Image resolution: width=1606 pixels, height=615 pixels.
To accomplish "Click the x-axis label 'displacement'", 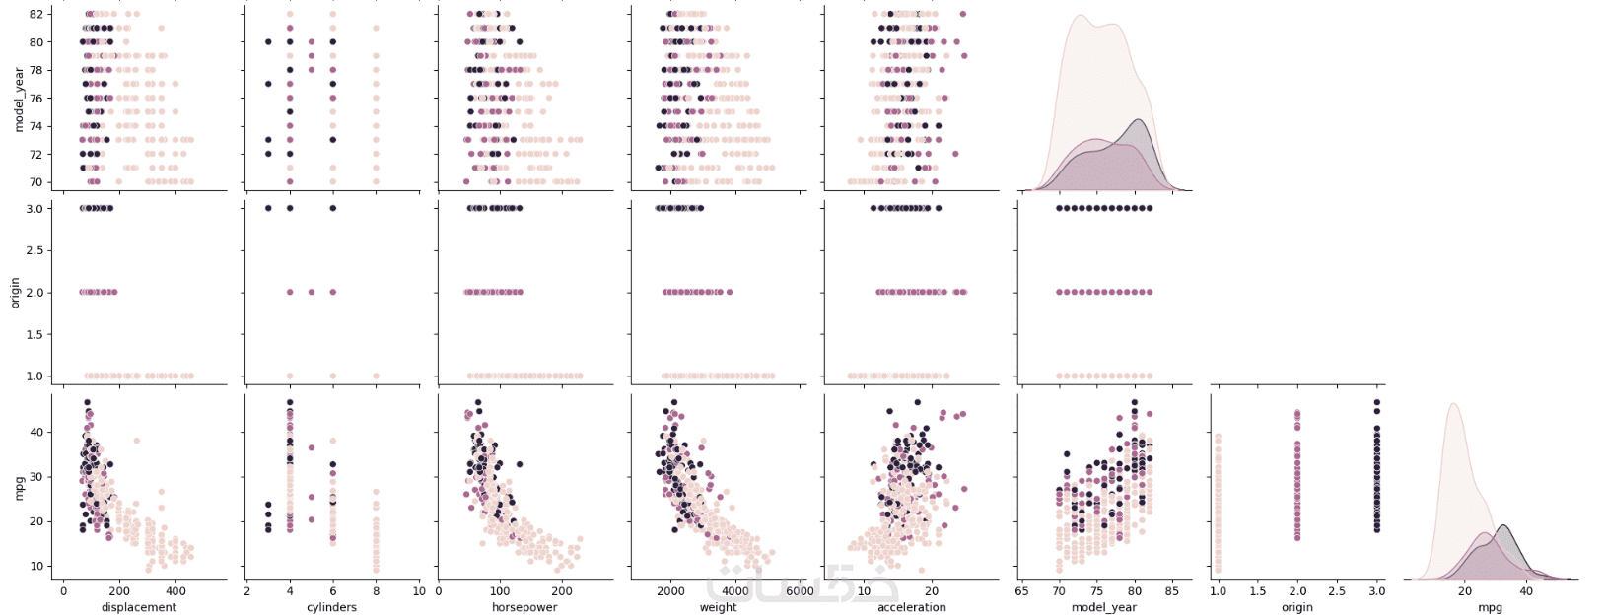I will pos(139,607).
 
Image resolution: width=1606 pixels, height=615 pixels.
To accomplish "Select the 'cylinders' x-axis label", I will pos(332,607).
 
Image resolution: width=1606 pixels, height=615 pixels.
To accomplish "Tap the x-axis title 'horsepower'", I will pos(524,607).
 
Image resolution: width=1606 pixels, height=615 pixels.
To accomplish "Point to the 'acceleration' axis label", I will pos(911,607).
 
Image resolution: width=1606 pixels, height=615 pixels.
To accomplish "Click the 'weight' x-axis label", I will pos(718,607).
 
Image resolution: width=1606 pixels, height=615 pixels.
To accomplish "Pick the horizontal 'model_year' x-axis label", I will pos(1104,607).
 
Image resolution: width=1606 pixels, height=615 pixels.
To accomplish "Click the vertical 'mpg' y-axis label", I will pos(19,487).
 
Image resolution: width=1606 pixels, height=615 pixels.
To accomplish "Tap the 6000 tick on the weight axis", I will pos(800,591).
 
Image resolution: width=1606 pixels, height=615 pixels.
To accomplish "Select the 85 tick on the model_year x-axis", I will pos(1171,591).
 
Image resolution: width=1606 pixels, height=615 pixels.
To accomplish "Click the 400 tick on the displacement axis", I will pos(175,591).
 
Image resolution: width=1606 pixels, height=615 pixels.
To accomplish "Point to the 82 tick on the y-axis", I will pos(36,14).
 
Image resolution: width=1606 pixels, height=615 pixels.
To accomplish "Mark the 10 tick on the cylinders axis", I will pos(419,591).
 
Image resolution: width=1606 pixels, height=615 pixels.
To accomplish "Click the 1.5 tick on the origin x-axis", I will pos(1257,591).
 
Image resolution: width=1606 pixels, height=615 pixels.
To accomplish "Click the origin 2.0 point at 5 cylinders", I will pos(312,292).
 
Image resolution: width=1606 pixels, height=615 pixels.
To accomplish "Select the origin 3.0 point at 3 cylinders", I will pos(268,208).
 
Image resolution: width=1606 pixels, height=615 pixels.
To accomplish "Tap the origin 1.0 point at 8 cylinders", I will pos(376,376).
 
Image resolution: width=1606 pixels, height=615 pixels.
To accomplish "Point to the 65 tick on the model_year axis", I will pos(1021,591).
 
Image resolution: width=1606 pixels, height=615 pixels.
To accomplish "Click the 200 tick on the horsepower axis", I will pos(562,591).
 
